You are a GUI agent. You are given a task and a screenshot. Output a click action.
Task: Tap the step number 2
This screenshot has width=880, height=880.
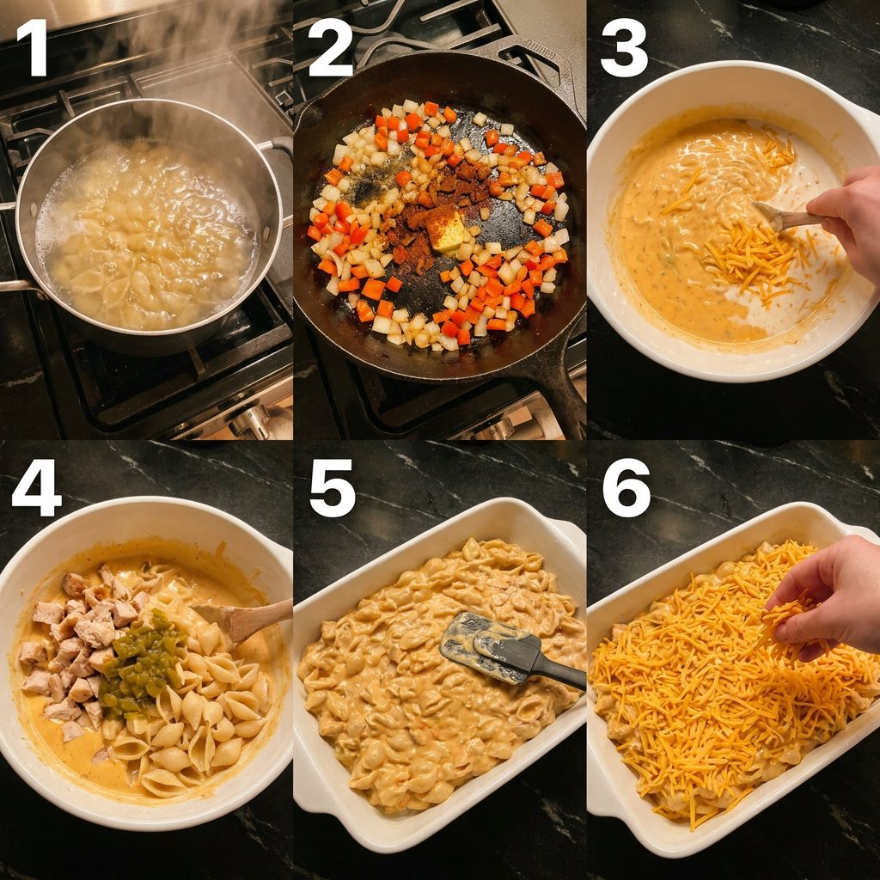click(330, 48)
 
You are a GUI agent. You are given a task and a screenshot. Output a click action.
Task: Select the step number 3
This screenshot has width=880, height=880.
click(624, 48)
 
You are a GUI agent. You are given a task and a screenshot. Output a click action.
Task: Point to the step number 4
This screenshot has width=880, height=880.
click(37, 488)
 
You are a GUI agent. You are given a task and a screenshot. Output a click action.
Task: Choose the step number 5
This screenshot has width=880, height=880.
click(333, 488)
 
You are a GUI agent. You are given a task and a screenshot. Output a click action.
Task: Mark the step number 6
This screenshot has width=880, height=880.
click(626, 488)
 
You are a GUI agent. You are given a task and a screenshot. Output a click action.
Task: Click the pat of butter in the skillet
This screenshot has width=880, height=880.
click(446, 230)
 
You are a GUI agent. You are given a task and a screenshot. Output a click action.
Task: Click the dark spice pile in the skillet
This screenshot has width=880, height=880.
click(433, 212)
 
